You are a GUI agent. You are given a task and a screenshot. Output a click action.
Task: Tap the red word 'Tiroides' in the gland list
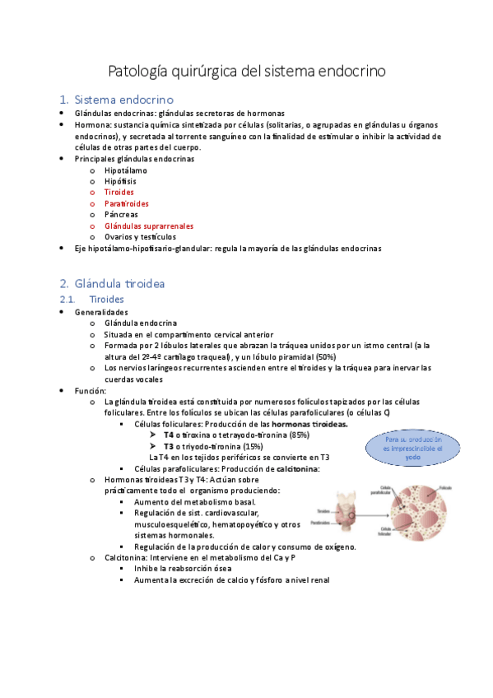coord(119,192)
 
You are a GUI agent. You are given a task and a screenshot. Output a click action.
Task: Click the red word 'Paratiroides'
coord(127,203)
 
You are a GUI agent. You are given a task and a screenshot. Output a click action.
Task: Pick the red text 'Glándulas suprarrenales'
coord(149,226)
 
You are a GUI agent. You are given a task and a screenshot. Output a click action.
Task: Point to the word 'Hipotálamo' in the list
coord(126,170)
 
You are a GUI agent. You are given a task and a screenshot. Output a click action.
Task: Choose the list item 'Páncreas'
coord(121,214)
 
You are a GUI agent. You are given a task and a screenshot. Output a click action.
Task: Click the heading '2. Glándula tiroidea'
coord(120,283)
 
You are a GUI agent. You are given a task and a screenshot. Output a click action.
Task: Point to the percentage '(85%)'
coord(299,435)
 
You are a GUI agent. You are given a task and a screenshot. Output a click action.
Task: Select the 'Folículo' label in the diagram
coord(445,488)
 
